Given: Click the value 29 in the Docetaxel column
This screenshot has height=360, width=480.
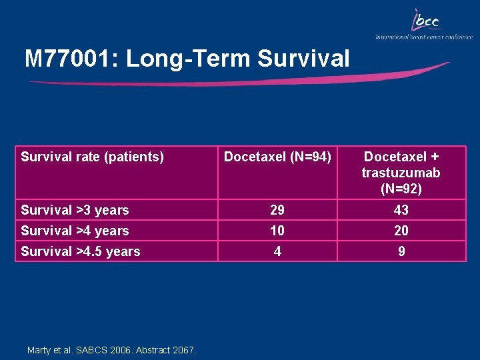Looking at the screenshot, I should pos(277,210).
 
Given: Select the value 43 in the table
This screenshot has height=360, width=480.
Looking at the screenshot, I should pos(401,210).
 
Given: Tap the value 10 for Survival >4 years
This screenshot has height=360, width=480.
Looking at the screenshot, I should pos(277,231).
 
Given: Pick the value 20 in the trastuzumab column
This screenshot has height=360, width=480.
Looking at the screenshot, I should pos(401,231).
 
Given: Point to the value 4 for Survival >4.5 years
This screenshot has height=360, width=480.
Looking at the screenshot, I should pos(277,251).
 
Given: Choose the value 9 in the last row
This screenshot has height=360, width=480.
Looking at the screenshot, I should pos(401,251).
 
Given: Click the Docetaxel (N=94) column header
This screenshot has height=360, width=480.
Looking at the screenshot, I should pos(277,157).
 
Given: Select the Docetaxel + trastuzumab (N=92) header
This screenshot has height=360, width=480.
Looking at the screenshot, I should pos(401,172).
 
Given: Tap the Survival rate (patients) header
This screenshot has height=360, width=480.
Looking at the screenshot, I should pos(92,157).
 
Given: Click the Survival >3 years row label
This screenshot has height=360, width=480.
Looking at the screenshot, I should pos(75,210).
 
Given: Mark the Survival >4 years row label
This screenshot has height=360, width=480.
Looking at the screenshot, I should pos(75,231).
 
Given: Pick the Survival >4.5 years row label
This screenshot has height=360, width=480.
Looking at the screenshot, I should pos(80,251).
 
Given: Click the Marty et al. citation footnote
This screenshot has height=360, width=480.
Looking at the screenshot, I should pos(111,349).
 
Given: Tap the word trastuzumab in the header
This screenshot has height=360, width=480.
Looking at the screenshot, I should pos(401,173).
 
